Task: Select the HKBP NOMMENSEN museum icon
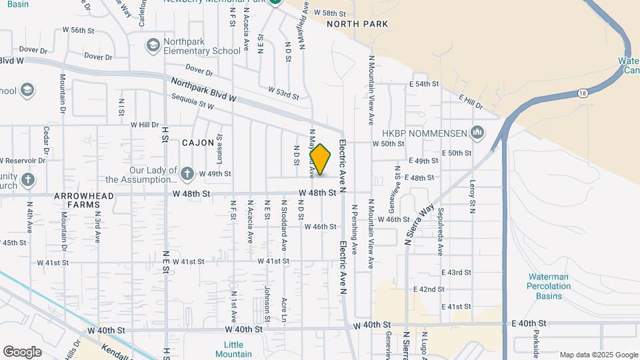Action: (x=477, y=133)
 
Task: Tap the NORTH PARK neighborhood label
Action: (x=357, y=24)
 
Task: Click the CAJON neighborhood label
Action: (x=198, y=143)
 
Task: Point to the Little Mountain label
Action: (x=233, y=349)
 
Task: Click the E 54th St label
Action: (x=424, y=84)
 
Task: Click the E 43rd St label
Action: (x=456, y=273)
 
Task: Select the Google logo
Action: (x=22, y=352)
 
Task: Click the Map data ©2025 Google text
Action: (x=598, y=355)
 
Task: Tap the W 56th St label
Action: (x=87, y=31)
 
